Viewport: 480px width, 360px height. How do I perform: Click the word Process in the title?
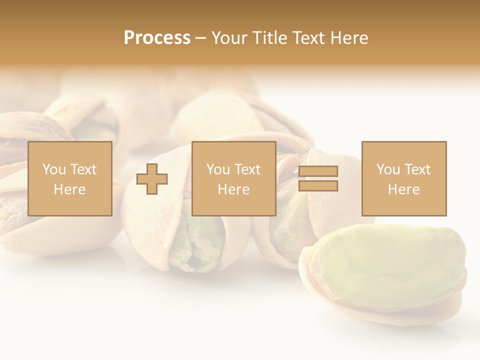157,38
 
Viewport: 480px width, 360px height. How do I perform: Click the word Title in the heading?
270,38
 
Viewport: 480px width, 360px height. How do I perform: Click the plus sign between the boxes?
152,179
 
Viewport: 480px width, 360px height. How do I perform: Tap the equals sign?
318,178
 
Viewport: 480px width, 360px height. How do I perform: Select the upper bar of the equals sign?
318,171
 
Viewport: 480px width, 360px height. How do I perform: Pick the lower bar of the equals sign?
318,186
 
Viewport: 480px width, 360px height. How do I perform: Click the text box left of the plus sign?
70,178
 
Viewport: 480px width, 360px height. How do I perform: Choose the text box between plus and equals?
234,178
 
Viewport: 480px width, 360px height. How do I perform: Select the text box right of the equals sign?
404,178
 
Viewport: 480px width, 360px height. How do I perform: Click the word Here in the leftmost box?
70,189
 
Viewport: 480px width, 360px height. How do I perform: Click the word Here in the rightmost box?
404,189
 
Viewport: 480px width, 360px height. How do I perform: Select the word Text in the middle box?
247,169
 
